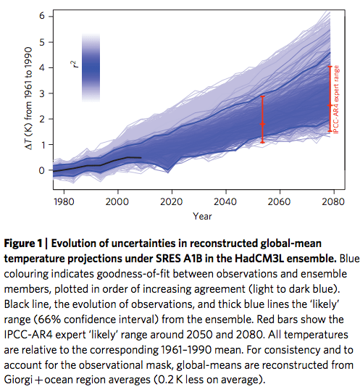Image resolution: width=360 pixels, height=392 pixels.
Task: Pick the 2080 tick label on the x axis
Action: [x=332, y=202]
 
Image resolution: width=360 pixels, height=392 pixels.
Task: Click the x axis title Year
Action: [x=202, y=216]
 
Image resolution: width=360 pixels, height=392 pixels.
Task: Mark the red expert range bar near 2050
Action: [x=263, y=120]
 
